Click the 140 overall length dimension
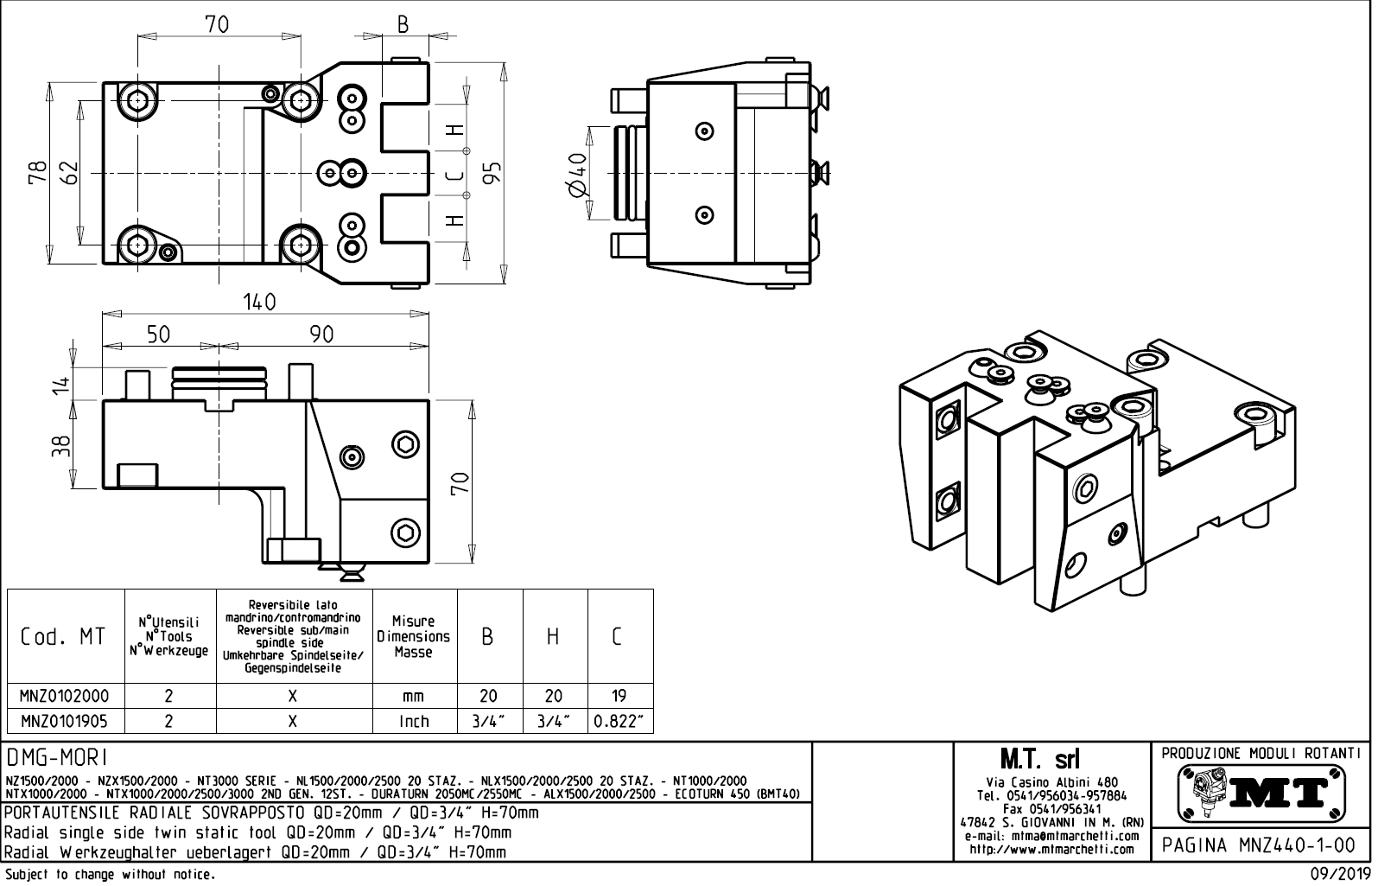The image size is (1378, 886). coord(259,302)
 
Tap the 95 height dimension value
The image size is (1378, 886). coord(492,173)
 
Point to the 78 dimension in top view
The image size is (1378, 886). coord(36,173)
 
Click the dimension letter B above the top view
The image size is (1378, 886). coord(403,25)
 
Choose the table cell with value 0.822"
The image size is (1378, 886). coord(619,722)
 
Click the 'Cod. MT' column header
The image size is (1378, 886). coord(63,637)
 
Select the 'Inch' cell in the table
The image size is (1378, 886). coord(414,722)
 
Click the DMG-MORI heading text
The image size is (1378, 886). coord(56,759)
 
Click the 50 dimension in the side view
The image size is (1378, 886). coord(158,335)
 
